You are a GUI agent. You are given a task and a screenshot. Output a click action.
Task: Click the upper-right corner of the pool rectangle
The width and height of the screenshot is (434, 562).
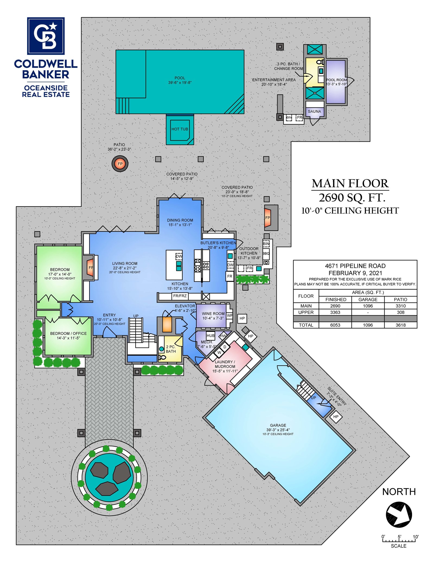click(x=244, y=50)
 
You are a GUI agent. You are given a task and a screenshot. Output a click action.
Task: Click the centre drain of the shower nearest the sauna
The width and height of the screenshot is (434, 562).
click(x=315, y=93)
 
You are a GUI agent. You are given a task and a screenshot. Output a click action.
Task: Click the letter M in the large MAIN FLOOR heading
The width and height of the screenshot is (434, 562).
click(x=318, y=183)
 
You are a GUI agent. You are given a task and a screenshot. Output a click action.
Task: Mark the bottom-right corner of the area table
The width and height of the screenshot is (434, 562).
click(x=417, y=328)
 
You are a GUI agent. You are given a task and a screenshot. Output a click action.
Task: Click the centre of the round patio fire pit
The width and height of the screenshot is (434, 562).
click(x=120, y=164)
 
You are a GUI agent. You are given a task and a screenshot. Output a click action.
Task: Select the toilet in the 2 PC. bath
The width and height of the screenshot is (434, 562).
click(x=162, y=357)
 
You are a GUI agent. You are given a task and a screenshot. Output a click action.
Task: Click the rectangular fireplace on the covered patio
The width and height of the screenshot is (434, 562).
click(x=271, y=218)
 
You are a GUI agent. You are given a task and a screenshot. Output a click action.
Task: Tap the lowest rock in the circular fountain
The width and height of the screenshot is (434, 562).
click(x=107, y=488)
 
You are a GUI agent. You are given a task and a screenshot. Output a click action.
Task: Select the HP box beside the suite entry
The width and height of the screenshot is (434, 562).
click(x=336, y=417)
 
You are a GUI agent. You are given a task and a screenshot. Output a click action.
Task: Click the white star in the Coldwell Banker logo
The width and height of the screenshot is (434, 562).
click(x=53, y=26)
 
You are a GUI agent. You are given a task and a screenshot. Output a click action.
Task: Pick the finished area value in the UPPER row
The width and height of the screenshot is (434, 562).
click(x=335, y=312)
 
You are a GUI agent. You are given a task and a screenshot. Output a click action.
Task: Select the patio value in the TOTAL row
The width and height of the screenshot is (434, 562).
click(x=401, y=325)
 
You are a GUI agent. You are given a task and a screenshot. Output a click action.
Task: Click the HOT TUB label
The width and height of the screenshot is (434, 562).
click(x=180, y=129)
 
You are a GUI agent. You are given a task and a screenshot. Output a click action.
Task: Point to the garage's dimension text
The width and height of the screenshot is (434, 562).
click(x=278, y=430)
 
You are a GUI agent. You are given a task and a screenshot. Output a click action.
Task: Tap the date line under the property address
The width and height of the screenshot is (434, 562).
click(x=355, y=273)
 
